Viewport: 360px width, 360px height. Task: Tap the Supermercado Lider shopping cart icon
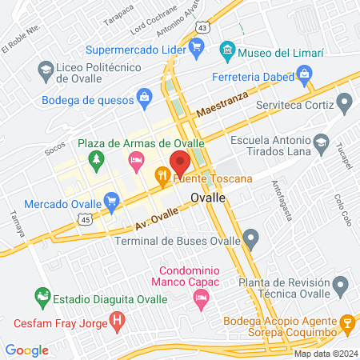pyautogui.click(x=196, y=49)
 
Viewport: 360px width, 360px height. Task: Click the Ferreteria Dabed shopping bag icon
pyautogui.click(x=303, y=76)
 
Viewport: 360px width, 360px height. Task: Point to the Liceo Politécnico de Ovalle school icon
pyautogui.click(x=46, y=70)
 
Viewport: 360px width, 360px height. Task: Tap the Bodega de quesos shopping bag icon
pyautogui.click(x=144, y=98)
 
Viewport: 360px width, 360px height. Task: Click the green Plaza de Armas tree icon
pyautogui.click(x=95, y=159)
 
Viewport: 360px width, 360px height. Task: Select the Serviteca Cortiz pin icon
pyautogui.click(x=344, y=103)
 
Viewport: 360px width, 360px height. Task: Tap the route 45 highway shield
pyautogui.click(x=84, y=218)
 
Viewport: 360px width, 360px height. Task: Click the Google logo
pyautogui.click(x=26, y=350)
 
